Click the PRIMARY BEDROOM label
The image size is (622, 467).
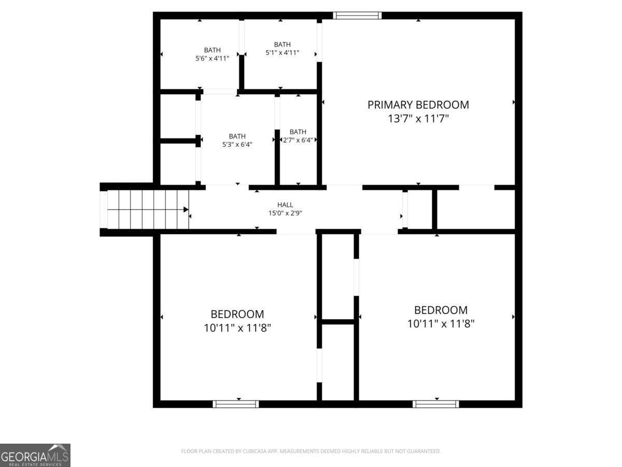pyautogui.click(x=418, y=105)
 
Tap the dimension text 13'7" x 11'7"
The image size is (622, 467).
pyautogui.click(x=418, y=119)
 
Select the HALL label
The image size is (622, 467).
pyautogui.click(x=285, y=205)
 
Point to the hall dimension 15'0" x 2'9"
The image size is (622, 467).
pyautogui.click(x=285, y=213)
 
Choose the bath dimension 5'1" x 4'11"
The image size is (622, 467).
pyautogui.click(x=282, y=52)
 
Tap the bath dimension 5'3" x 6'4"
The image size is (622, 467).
pyautogui.click(x=237, y=145)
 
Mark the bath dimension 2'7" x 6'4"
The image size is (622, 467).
pyautogui.click(x=298, y=140)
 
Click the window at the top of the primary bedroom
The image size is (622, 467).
pyautogui.click(x=357, y=16)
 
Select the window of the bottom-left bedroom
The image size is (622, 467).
pyautogui.click(x=236, y=404)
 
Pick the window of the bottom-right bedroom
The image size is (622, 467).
pyautogui.click(x=435, y=404)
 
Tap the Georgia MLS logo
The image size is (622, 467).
pyautogui.click(x=35, y=455)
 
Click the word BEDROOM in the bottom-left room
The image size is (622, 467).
pyautogui.click(x=237, y=314)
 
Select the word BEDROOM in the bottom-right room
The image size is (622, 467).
pyautogui.click(x=441, y=310)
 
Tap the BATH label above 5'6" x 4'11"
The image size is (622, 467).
pyautogui.click(x=212, y=50)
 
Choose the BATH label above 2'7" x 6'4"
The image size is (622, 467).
pyautogui.click(x=298, y=132)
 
